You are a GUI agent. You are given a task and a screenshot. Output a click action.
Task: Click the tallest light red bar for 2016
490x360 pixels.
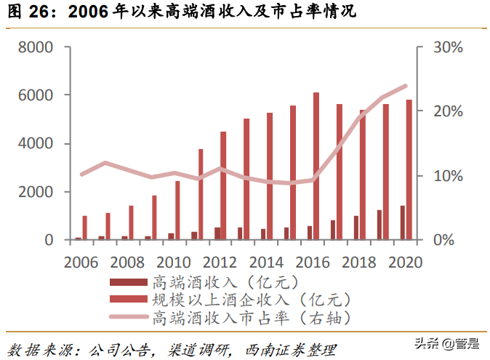click(316, 166)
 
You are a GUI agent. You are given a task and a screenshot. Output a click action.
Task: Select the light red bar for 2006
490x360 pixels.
click(84, 228)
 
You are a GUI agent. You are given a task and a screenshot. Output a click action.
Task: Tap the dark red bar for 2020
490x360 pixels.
click(402, 223)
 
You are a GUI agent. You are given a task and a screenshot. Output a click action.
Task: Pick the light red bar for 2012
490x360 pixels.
click(223, 185)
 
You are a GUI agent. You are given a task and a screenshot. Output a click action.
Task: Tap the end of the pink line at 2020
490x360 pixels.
click(406, 86)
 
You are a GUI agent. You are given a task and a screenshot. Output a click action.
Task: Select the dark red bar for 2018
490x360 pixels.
click(356, 228)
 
